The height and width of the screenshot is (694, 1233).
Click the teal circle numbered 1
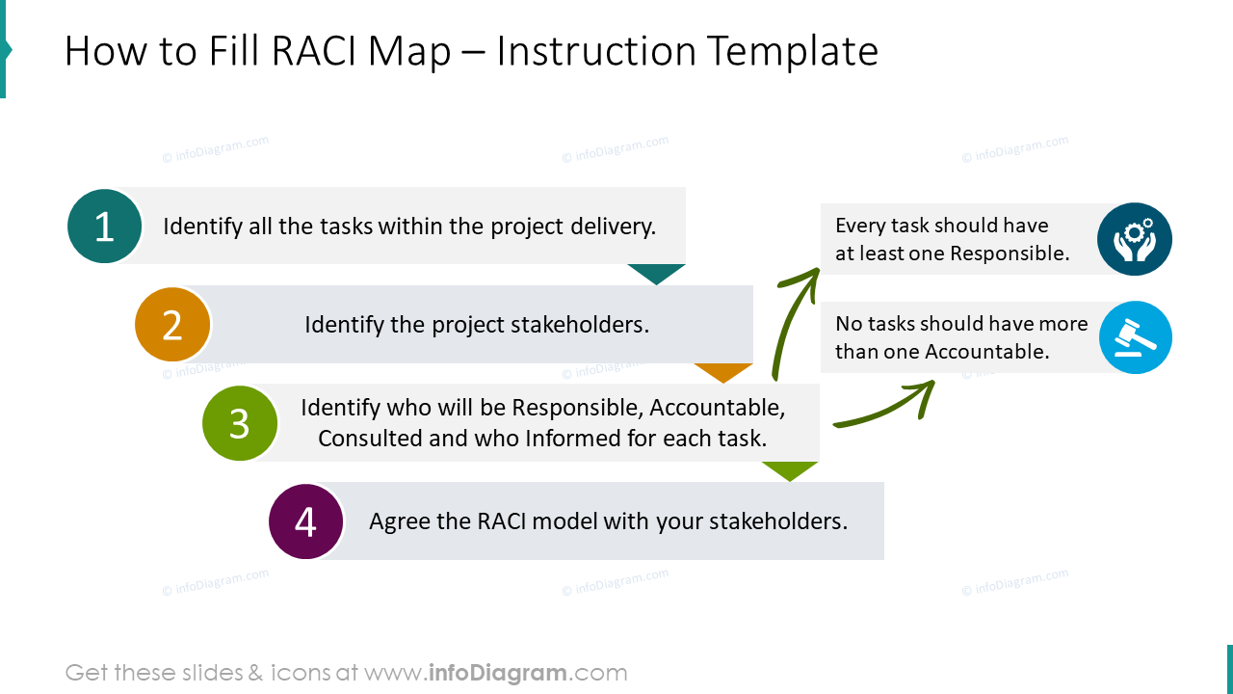click(x=105, y=227)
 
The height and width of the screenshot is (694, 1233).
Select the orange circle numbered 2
click(x=172, y=325)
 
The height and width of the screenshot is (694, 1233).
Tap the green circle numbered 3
click(x=240, y=423)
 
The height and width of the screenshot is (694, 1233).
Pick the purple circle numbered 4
click(x=306, y=521)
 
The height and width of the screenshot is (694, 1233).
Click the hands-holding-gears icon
click(x=1135, y=239)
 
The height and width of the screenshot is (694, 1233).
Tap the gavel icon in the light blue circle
click(x=1135, y=337)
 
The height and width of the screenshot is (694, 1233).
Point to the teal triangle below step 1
click(x=656, y=273)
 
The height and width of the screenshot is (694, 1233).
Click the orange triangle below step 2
click(x=723, y=371)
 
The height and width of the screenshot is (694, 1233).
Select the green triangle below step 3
click(x=790, y=469)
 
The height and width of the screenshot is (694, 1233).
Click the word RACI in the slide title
click(x=313, y=51)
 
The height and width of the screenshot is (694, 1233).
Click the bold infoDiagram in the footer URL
click(x=495, y=673)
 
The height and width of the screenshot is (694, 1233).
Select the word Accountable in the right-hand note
click(x=986, y=352)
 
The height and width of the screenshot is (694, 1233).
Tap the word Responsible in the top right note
click(x=1009, y=254)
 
